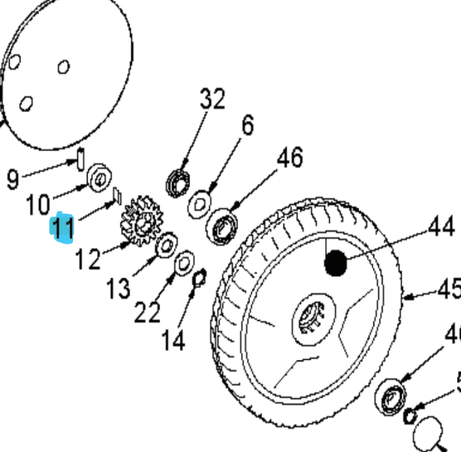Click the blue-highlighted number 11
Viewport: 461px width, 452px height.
63,229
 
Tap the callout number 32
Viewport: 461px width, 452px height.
213,100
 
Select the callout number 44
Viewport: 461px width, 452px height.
442,227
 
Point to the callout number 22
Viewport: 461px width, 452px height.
147,312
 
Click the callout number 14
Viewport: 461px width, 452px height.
173,340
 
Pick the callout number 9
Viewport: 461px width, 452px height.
13,180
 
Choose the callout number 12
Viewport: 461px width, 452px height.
87,260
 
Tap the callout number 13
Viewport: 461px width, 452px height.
118,289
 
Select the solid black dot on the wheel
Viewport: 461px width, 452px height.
336,263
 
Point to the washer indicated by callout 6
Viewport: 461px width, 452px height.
199,204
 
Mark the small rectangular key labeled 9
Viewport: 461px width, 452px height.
81,159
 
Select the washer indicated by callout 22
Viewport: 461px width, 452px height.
184,261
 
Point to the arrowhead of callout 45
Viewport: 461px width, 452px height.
408,296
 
